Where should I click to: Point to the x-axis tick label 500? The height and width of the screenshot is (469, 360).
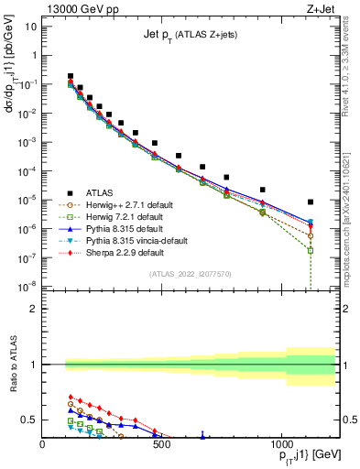[161, 446]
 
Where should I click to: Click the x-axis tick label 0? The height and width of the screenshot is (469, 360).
[43, 446]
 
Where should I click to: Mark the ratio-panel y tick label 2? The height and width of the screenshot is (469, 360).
[34, 309]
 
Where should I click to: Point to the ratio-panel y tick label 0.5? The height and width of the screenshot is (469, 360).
[30, 420]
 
